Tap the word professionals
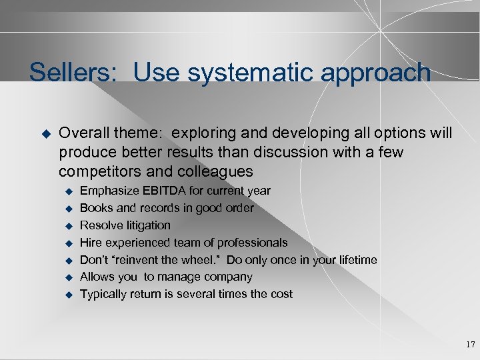pyautogui.click(x=253, y=243)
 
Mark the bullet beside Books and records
pyautogui.click(x=67, y=209)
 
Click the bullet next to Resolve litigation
pyautogui.click(x=67, y=226)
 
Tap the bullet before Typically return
pyautogui.click(x=67, y=295)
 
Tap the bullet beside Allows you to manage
pyautogui.click(x=67, y=277)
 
